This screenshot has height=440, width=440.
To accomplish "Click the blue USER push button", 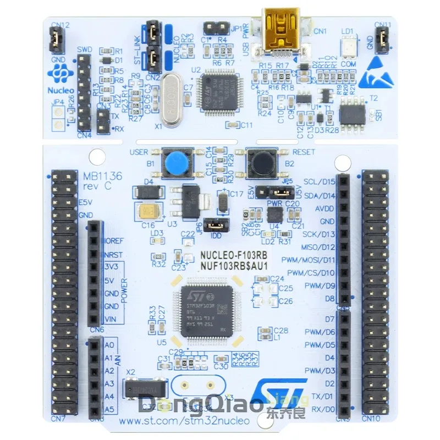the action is point(174,163).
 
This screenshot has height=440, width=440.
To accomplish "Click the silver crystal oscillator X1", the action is point(172,102).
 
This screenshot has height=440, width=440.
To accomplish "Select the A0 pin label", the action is point(109,344).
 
